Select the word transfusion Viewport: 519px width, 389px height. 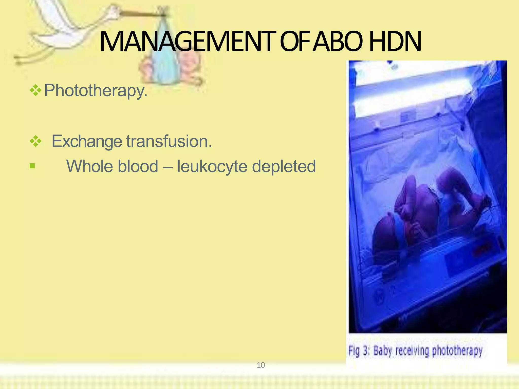click(169, 141)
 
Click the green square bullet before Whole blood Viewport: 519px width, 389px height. click(32, 166)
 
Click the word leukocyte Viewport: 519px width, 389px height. click(212, 166)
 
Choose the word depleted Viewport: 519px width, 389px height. click(284, 166)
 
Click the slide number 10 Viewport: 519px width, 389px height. click(261, 365)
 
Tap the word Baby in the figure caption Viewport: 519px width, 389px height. click(383, 351)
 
